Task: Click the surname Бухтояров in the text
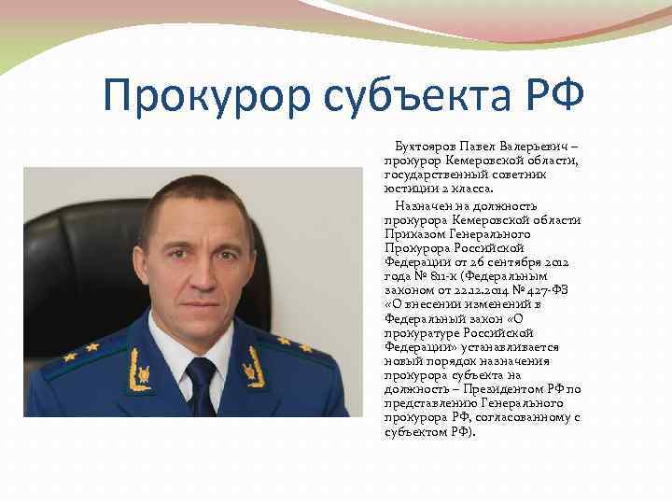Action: coord(427,147)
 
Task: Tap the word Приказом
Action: coord(411,234)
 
